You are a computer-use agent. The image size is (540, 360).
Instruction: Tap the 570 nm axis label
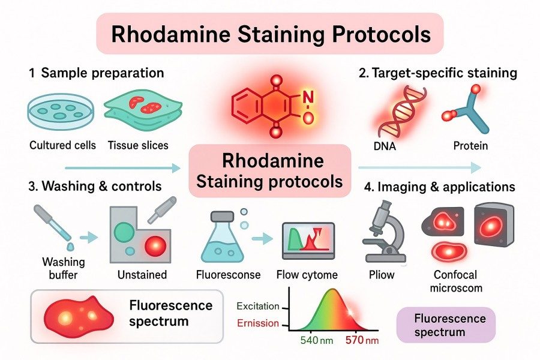[362, 341]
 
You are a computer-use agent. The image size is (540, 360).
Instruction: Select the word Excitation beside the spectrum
[258, 307]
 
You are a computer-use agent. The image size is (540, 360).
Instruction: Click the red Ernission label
[258, 323]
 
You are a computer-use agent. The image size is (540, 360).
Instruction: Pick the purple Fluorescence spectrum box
[446, 325]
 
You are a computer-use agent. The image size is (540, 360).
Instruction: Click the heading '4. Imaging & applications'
[439, 187]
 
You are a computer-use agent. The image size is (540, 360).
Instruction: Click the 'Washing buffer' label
[64, 269]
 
